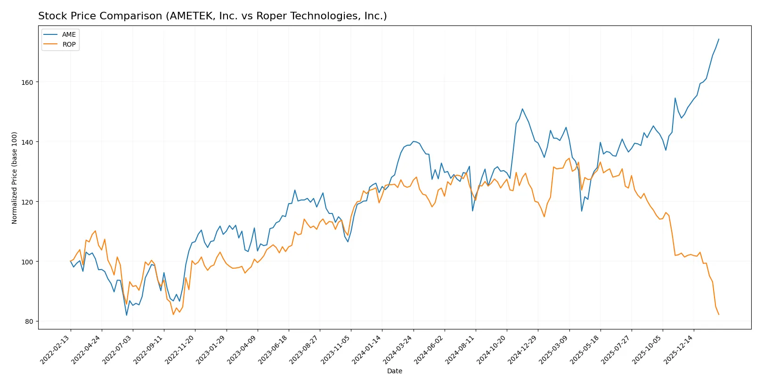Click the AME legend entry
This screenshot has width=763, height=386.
click(68, 34)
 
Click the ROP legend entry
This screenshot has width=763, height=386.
click(69, 44)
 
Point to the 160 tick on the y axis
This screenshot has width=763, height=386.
click(27, 82)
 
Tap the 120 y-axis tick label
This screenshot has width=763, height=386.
click(27, 202)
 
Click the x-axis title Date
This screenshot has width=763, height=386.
click(394, 371)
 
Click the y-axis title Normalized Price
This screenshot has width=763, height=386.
click(15, 178)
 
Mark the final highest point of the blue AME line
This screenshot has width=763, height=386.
click(719, 39)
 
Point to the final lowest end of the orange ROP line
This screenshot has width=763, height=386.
click(719, 314)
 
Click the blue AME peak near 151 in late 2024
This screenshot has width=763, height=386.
click(522, 109)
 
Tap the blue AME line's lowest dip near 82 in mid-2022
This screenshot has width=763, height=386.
click(127, 315)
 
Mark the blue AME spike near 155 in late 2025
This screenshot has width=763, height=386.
click(675, 98)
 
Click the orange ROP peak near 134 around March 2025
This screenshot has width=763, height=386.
click(569, 158)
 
